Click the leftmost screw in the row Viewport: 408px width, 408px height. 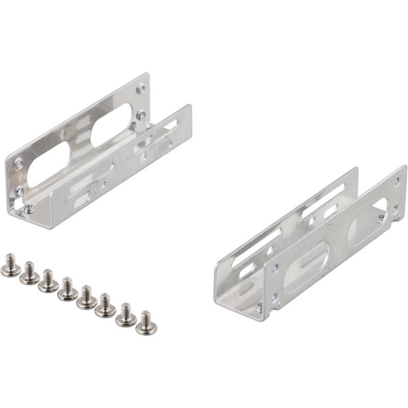click(10, 267)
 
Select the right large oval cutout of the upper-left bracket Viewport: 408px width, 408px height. click(112, 124)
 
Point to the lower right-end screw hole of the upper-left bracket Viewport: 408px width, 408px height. click(141, 115)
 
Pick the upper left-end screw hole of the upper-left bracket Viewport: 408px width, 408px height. click(19, 164)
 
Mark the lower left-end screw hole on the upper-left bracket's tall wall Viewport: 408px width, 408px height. click(19, 191)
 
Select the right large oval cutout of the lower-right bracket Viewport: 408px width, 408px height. click(367, 222)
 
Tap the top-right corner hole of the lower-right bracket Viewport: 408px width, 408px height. click(398, 181)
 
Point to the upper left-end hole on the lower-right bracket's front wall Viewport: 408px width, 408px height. click(276, 267)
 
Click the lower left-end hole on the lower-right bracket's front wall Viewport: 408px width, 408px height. click(275, 296)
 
